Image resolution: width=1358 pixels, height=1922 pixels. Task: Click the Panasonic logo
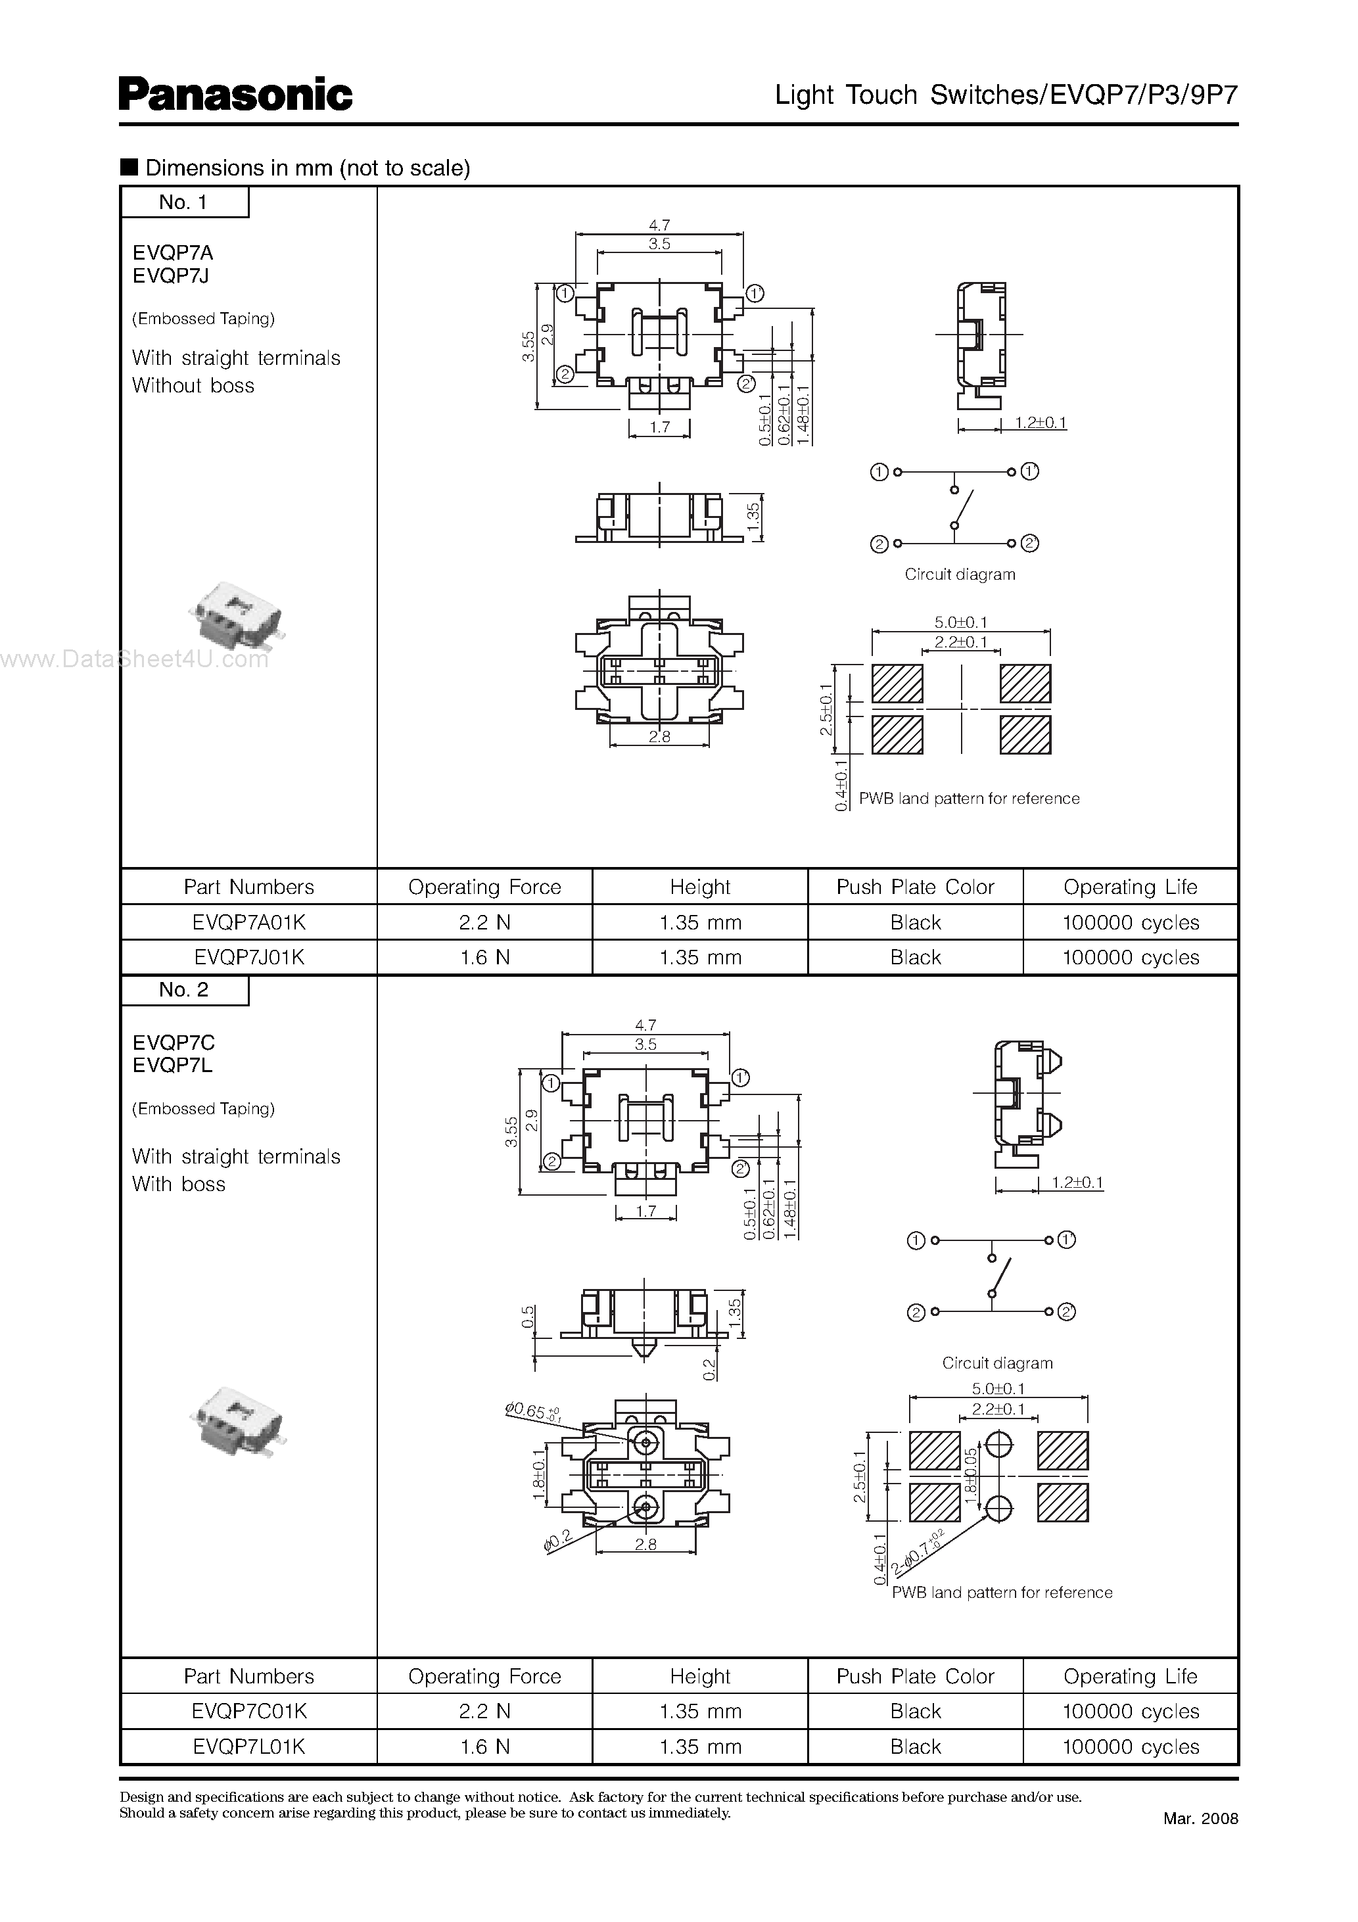(235, 95)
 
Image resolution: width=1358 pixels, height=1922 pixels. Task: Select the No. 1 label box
(184, 202)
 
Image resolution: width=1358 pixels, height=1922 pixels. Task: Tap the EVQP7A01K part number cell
(248, 922)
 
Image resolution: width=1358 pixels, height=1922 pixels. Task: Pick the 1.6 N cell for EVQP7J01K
(484, 958)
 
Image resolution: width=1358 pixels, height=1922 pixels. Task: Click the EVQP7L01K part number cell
(248, 1747)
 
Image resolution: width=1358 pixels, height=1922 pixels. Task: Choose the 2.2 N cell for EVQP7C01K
(484, 1712)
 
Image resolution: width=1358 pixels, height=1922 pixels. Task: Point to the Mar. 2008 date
(1200, 1818)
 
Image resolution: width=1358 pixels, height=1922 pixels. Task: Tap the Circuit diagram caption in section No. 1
(960, 574)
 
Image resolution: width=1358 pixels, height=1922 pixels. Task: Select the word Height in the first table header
(700, 887)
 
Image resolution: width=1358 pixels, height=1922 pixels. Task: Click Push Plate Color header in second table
(915, 1677)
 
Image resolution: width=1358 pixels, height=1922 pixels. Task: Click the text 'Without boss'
(193, 386)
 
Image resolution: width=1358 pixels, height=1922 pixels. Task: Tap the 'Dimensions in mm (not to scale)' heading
(306, 168)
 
